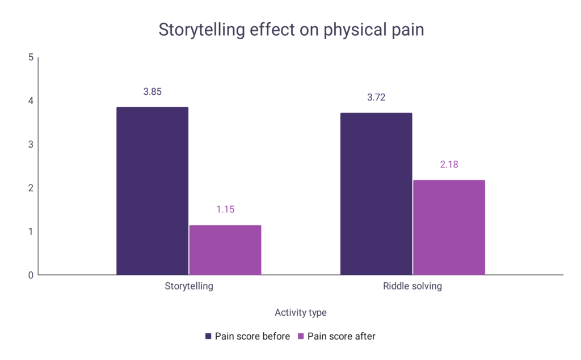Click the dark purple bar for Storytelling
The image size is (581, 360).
click(152, 191)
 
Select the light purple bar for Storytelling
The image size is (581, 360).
click(225, 250)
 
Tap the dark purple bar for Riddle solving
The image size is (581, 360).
click(376, 194)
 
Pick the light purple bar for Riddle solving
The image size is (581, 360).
click(449, 228)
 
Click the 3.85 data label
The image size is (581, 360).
click(152, 91)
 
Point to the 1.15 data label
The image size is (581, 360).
click(225, 210)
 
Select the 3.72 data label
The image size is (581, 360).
click(376, 97)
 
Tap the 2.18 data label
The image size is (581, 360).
click(449, 165)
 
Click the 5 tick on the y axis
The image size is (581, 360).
click(31, 57)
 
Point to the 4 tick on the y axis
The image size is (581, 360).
click(31, 101)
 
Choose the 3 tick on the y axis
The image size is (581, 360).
click(31, 144)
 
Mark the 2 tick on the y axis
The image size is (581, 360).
click(31, 188)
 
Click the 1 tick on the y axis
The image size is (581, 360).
click(31, 232)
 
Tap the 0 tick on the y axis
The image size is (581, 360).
click(31, 275)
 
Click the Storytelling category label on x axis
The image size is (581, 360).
click(189, 286)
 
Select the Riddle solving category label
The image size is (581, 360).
click(412, 286)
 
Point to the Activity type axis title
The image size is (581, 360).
click(301, 313)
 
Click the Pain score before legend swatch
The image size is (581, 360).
click(209, 336)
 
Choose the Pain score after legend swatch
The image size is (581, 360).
click(301, 336)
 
